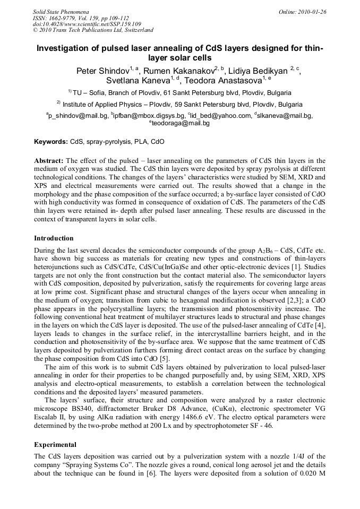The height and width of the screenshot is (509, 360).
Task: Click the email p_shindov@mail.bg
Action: click(79, 115)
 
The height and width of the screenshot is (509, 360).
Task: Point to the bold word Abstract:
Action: click(49, 160)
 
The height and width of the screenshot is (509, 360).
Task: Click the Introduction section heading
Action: click(54, 238)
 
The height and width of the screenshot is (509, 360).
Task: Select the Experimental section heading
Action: click(55, 445)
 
